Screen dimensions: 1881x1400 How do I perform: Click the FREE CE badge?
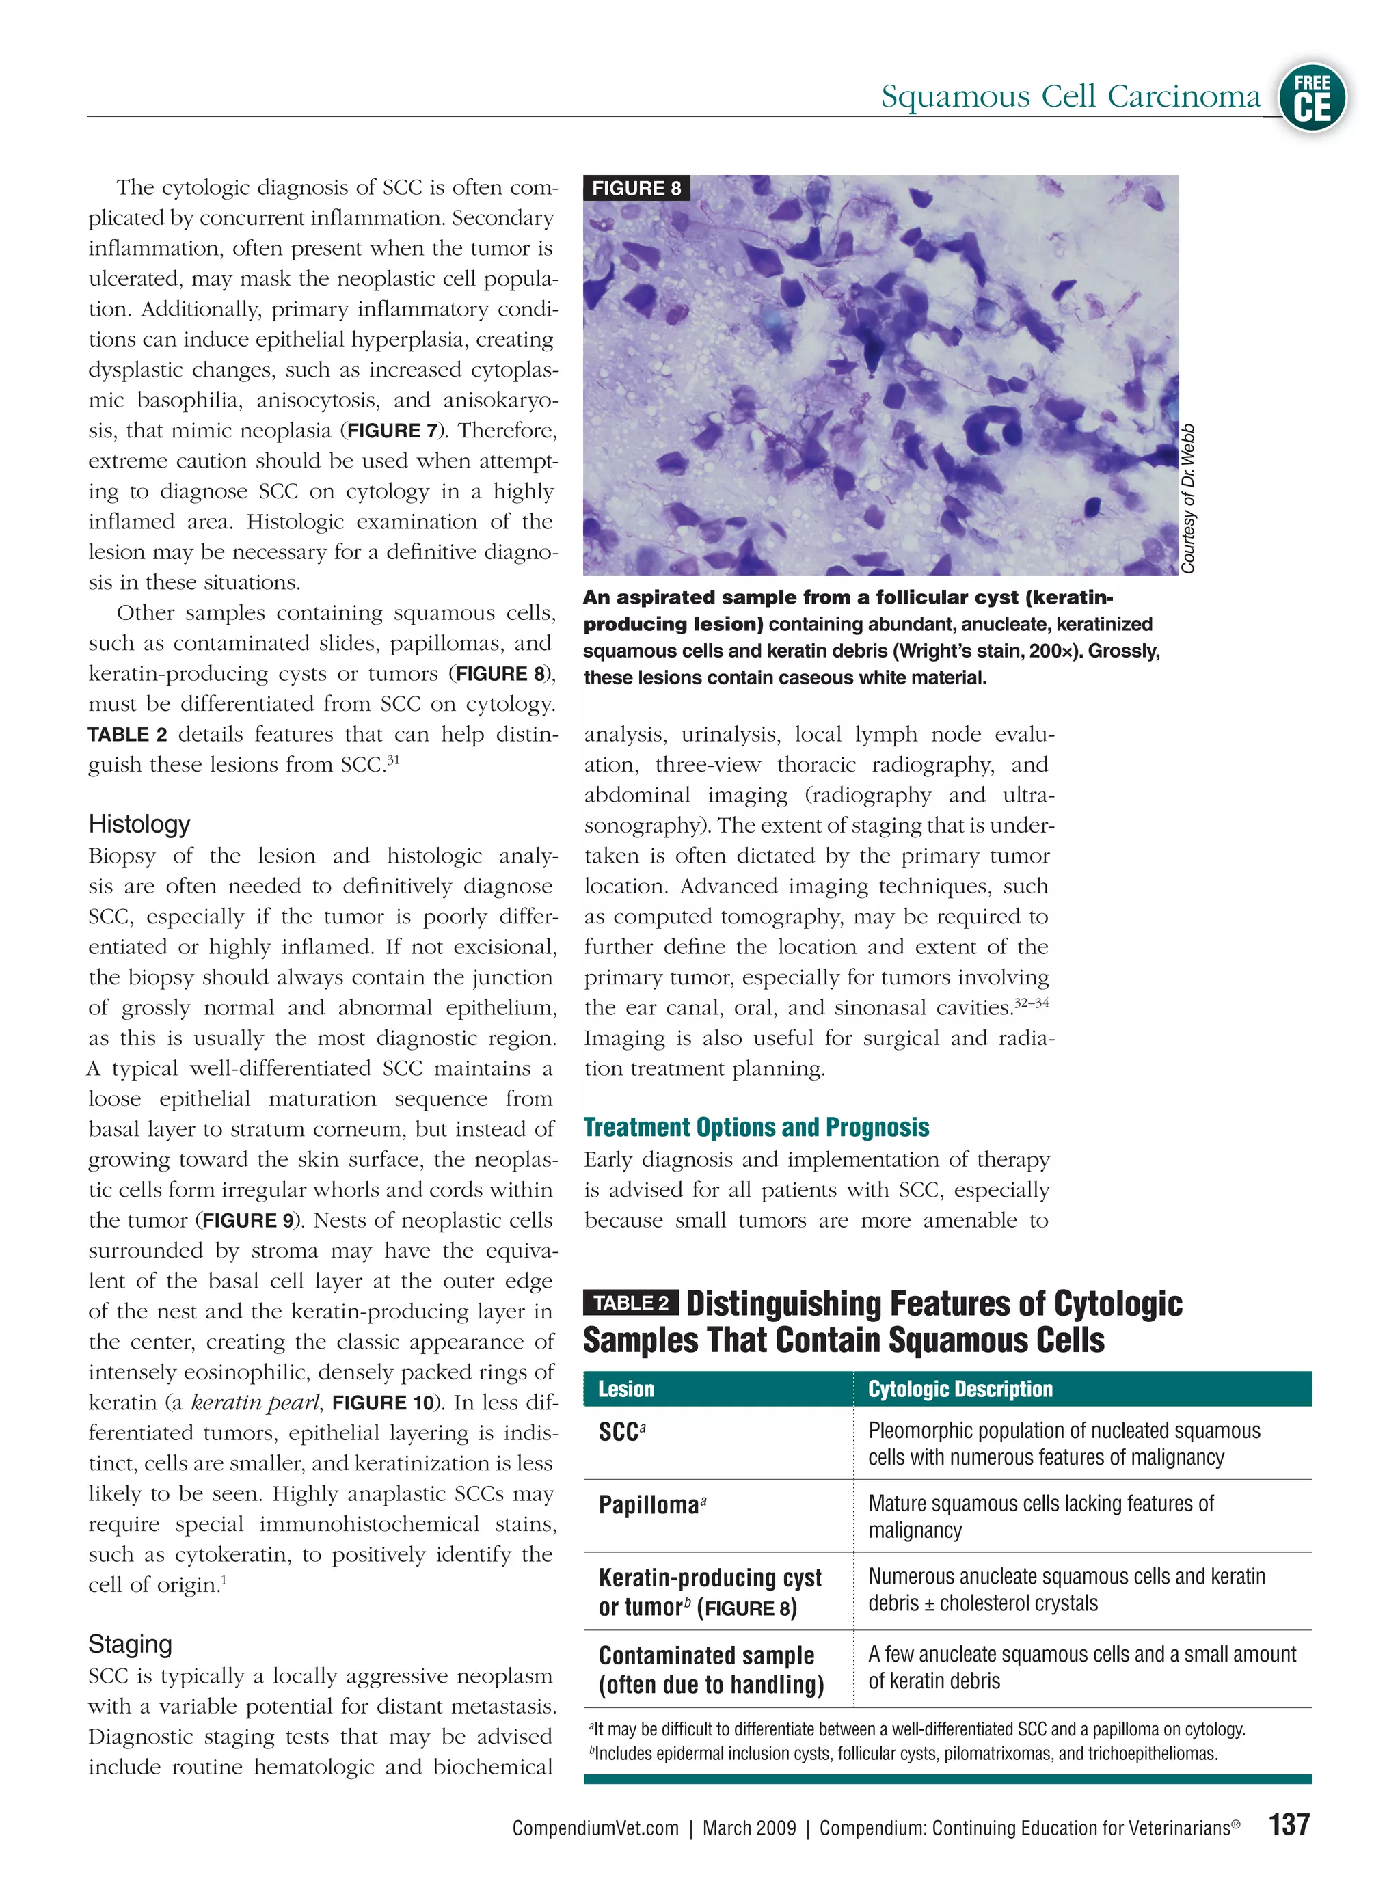click(1312, 98)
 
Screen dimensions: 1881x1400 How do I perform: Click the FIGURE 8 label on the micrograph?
click(636, 188)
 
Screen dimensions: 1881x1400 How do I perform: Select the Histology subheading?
click(139, 824)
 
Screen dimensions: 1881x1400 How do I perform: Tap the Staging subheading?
click(130, 1644)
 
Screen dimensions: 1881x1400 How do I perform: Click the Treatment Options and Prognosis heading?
click(756, 1127)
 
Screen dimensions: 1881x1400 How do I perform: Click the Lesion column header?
click(625, 1390)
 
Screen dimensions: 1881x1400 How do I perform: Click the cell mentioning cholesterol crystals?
click(1066, 1590)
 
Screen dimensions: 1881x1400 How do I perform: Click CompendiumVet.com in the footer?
click(595, 1828)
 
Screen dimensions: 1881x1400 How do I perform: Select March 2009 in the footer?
click(749, 1828)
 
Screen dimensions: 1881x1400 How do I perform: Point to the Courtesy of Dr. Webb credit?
click(1188, 498)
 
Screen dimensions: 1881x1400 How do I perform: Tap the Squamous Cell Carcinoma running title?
click(1071, 96)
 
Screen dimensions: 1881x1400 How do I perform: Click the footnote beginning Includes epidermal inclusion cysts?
click(904, 1753)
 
